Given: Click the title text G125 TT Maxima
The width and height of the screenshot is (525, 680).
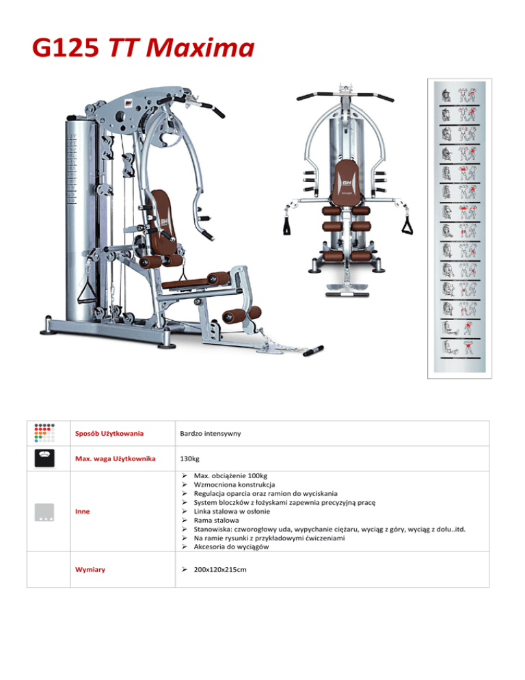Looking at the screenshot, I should pos(142,49).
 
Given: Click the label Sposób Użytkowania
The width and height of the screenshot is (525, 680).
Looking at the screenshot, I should pos(111,434).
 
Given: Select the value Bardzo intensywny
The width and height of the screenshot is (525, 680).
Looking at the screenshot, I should pos(209,434).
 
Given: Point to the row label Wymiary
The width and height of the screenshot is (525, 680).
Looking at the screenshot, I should pos(90,569).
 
